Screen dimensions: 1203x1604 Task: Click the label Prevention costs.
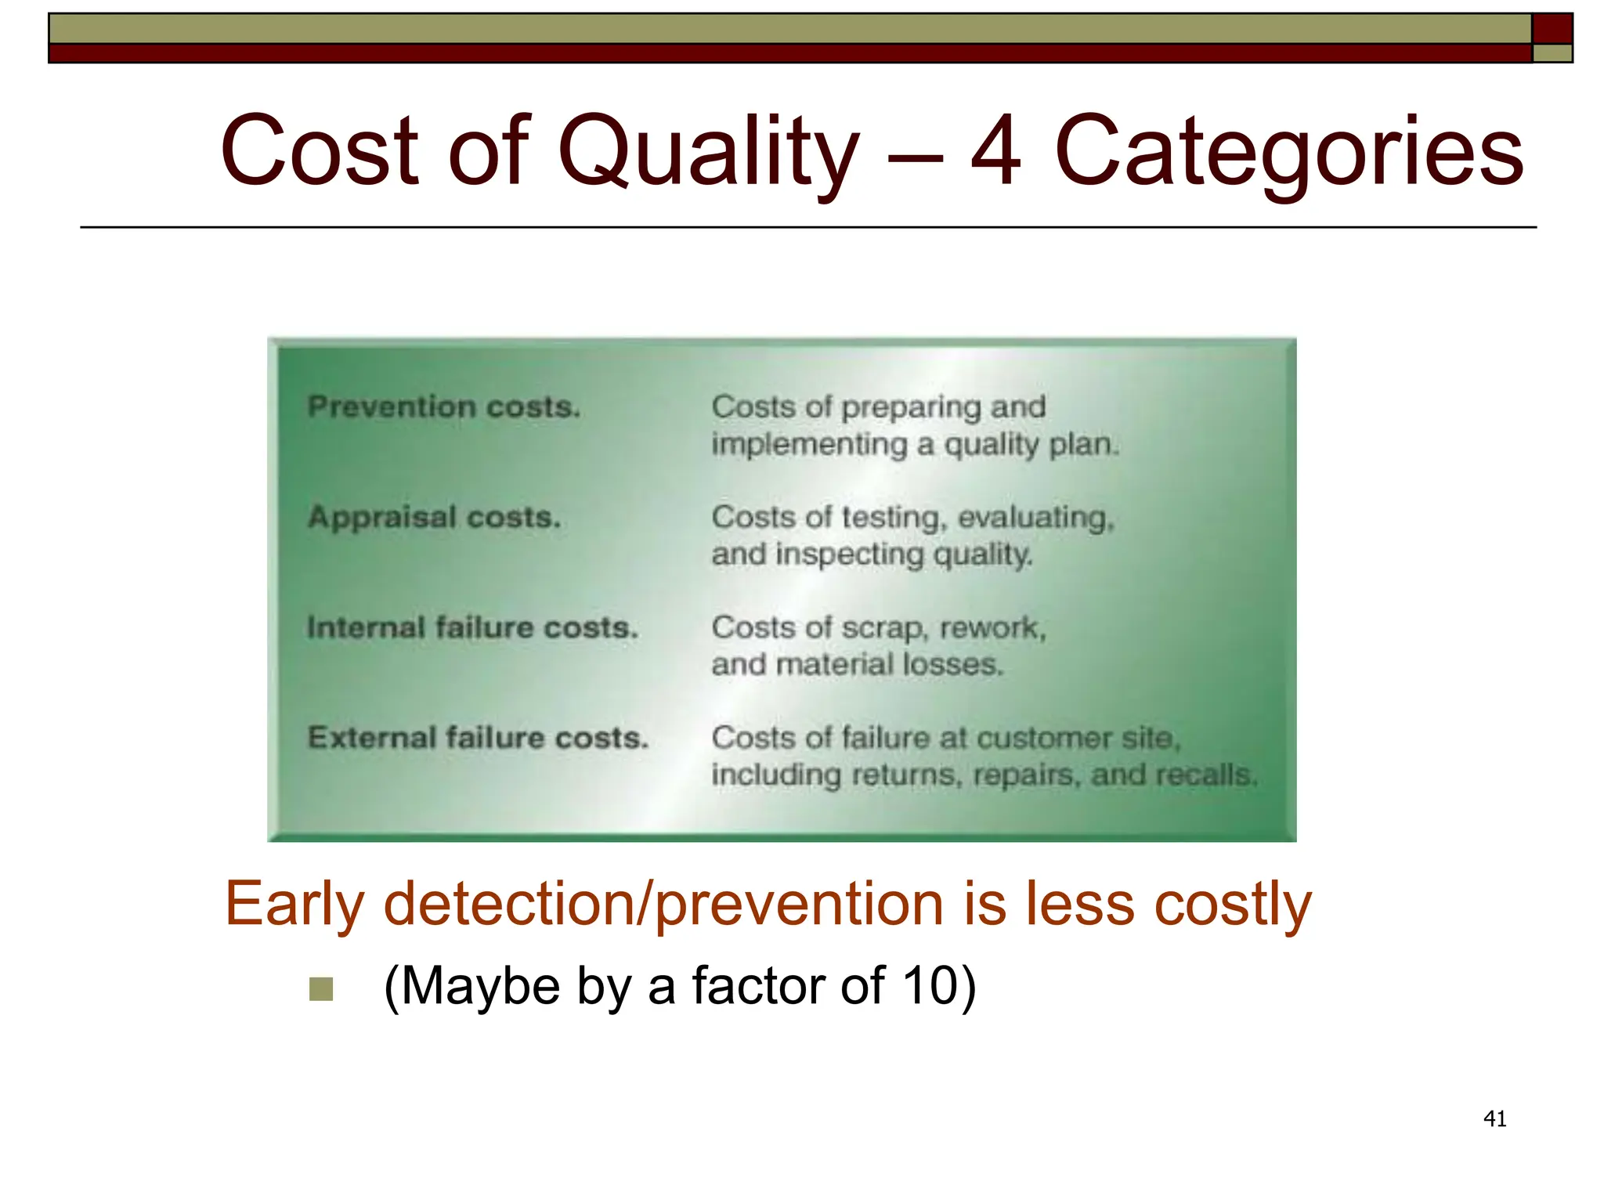click(444, 407)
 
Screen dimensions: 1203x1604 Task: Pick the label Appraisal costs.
click(435, 518)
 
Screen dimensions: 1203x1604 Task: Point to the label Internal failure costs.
click(473, 628)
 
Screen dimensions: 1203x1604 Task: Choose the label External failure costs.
click(479, 738)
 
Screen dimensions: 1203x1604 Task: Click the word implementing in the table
click(809, 445)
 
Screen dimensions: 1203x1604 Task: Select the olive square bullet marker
click(321, 989)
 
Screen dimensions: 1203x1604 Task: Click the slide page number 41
click(1494, 1119)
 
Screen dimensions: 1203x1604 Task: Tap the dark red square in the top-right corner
click(1552, 28)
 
